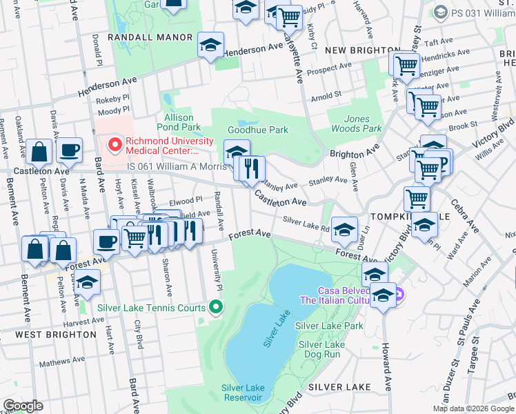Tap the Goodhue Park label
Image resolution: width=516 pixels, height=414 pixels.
257,130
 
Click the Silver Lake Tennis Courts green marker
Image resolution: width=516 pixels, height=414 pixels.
216,308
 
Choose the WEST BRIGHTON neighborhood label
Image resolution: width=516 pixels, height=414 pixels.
56,335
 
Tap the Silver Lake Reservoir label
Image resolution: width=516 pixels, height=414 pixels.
242,392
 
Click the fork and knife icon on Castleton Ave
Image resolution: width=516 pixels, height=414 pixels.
250,168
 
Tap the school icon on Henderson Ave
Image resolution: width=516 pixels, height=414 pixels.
210,46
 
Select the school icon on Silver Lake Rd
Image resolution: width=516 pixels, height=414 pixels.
344,230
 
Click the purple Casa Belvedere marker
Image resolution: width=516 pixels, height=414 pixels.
399,295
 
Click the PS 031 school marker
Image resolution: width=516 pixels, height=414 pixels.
440,12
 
